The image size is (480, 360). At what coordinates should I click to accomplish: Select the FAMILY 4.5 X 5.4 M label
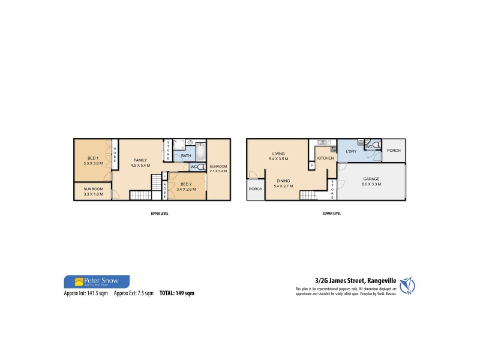pyautogui.click(x=141, y=163)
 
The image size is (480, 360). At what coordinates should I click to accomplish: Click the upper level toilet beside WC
pyautogui.click(x=202, y=167)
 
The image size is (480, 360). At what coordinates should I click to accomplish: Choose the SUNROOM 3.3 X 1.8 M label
pyautogui.click(x=92, y=190)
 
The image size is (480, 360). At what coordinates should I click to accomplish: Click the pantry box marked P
pyautogui.click(x=312, y=166)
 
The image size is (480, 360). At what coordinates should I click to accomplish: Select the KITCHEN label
pyautogui.click(x=325, y=157)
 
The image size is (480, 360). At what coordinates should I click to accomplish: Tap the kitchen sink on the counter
pyautogui.click(x=322, y=142)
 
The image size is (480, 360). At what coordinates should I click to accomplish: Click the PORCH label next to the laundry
pyautogui.click(x=394, y=150)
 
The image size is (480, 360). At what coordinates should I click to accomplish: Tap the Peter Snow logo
pyautogui.click(x=96, y=281)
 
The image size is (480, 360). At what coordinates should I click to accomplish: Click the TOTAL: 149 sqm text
pyautogui.click(x=177, y=293)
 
